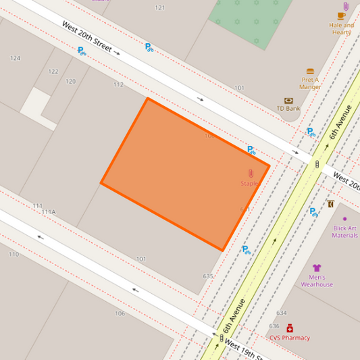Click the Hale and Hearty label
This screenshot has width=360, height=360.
(x=342, y=28)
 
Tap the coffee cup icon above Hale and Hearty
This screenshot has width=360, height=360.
(x=342, y=16)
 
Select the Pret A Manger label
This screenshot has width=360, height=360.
(x=310, y=83)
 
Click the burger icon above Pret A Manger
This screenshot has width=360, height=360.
(x=310, y=71)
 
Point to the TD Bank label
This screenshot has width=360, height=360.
(x=288, y=108)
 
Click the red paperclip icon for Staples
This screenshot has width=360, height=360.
(x=251, y=174)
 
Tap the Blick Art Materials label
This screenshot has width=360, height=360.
(x=345, y=232)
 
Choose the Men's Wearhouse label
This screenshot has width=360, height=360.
(x=317, y=281)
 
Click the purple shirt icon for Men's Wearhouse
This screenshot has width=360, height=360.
(x=317, y=268)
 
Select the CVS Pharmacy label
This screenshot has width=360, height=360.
(x=290, y=338)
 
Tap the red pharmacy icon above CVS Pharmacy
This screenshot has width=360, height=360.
(x=290, y=328)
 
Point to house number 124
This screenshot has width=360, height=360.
(x=15, y=58)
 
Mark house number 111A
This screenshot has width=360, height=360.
(x=49, y=212)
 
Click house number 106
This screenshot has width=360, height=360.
(x=120, y=313)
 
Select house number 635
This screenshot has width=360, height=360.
(x=208, y=276)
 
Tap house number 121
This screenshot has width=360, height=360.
(x=159, y=7)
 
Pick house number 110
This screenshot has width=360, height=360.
(x=14, y=254)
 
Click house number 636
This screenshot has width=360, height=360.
(x=274, y=326)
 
